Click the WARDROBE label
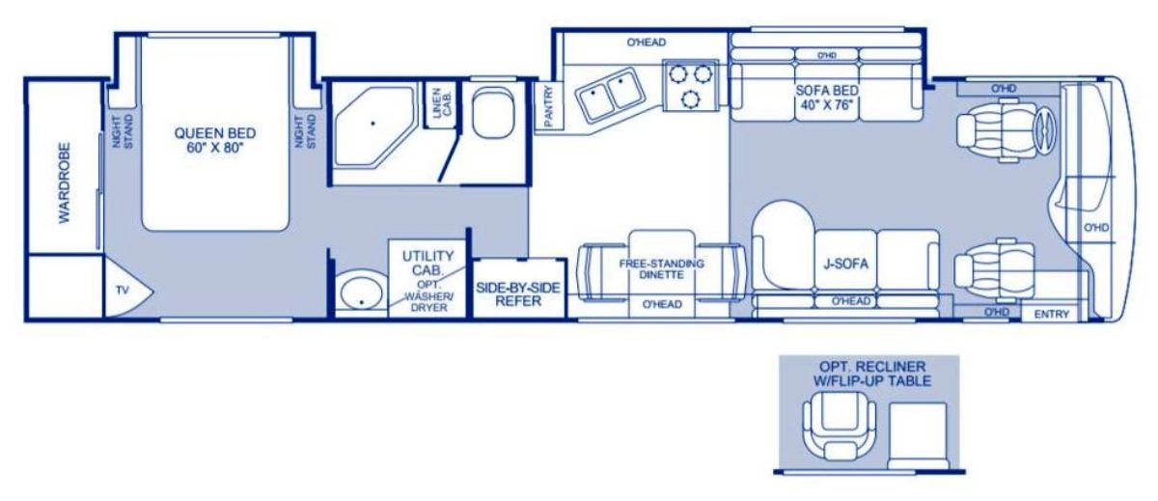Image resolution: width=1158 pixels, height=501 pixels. tap(64, 183)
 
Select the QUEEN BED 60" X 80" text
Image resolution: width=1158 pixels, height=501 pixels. tap(215, 141)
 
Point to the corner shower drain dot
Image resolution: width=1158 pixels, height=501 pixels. tap(372, 124)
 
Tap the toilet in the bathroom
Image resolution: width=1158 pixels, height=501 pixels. tap(493, 112)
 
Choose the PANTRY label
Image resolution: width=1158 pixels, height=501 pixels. tap(548, 106)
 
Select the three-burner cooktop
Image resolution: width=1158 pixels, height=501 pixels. tap(691, 85)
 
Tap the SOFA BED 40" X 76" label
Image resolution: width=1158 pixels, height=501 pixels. tap(827, 97)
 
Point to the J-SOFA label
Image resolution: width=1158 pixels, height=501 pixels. tap(845, 264)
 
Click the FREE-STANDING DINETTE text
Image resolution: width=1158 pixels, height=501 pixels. tap(662, 269)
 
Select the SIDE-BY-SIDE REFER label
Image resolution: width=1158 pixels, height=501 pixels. tap(518, 294)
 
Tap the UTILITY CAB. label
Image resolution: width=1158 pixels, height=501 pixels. tap(427, 263)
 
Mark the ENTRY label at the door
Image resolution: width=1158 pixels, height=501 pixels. tap(1052, 314)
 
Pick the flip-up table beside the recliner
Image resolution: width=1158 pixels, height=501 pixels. tap(918, 436)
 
